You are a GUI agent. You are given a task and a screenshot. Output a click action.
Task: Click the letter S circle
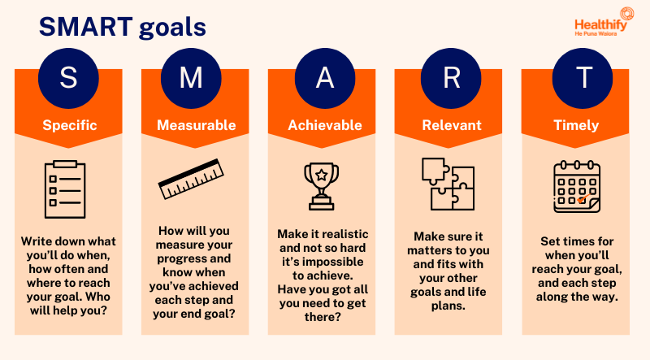[x=69, y=79]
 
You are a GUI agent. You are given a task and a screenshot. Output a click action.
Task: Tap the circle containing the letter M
[x=195, y=79]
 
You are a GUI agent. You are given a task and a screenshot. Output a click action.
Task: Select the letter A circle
[x=325, y=79]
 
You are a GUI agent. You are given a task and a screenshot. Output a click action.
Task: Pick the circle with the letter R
[x=451, y=79]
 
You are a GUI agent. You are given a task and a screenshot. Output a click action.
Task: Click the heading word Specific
[x=69, y=125]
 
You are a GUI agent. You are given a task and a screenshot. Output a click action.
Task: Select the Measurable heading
[x=195, y=125]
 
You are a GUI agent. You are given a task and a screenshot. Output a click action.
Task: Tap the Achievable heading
[x=325, y=125]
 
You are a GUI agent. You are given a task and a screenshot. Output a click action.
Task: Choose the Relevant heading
[x=451, y=125]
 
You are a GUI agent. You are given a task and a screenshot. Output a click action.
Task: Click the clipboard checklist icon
[x=65, y=189]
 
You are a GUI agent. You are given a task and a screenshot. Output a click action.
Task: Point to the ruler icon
[x=192, y=180]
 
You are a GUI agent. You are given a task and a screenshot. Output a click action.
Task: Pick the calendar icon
[x=576, y=186]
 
